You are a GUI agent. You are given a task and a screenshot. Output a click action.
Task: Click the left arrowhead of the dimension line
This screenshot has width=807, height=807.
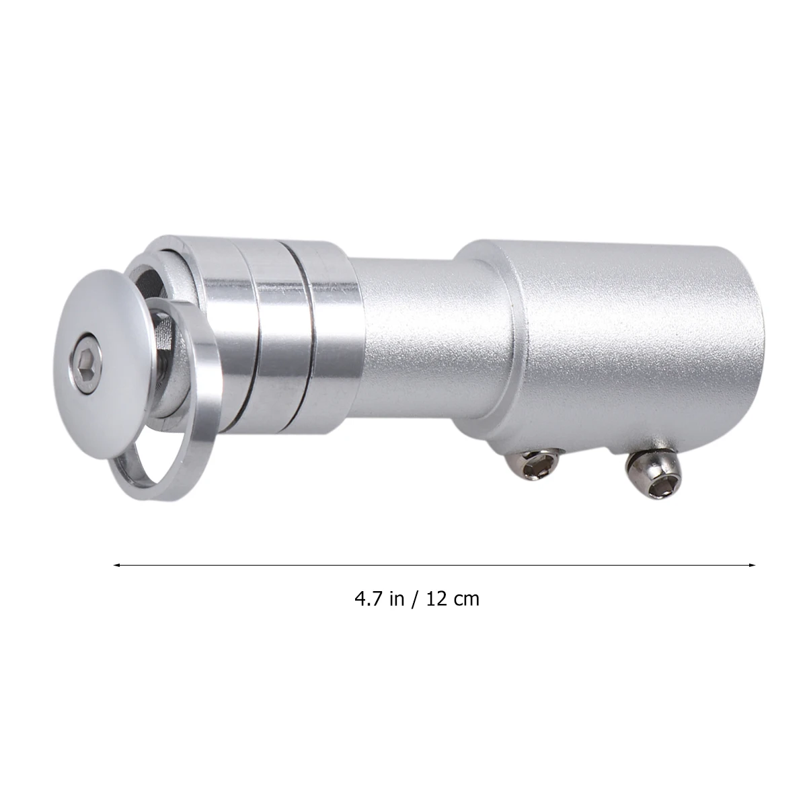(x=117, y=566)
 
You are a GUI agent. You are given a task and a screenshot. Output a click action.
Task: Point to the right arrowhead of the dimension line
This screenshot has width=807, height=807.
(x=753, y=566)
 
